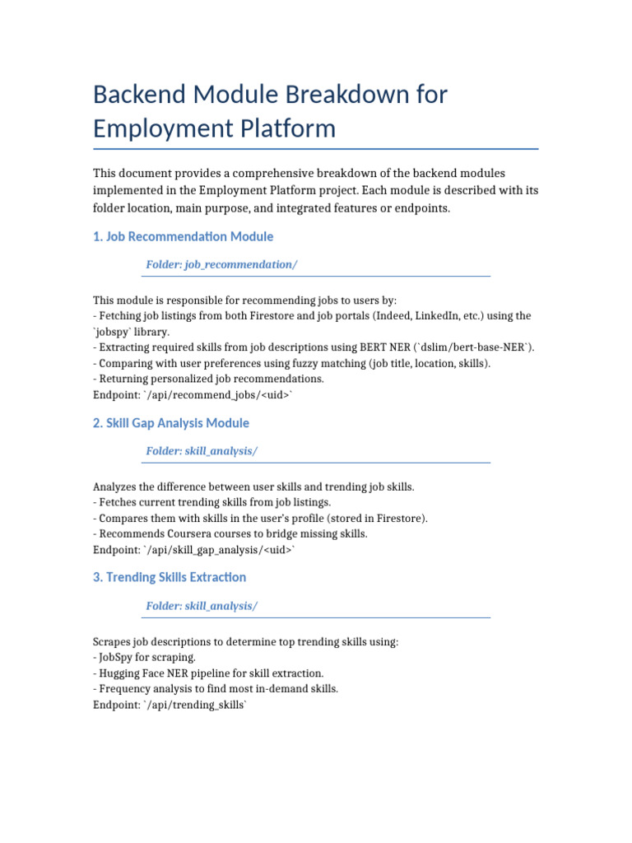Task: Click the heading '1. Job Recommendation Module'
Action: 183,236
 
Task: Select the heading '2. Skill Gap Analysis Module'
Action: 171,423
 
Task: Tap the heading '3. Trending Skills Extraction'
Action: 170,577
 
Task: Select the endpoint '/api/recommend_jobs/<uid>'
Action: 219,395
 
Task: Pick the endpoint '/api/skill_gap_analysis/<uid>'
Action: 219,549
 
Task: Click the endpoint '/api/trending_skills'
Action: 196,704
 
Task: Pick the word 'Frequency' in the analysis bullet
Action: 123,688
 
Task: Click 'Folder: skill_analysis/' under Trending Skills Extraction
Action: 202,606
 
